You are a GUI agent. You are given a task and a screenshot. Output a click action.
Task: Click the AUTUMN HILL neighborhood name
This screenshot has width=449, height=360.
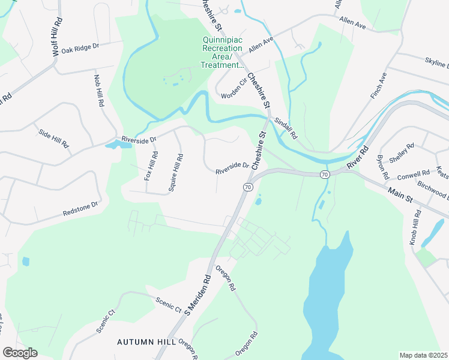pyautogui.click(x=146, y=341)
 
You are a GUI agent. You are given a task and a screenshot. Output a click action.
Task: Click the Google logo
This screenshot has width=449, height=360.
pyautogui.click(x=20, y=353)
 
